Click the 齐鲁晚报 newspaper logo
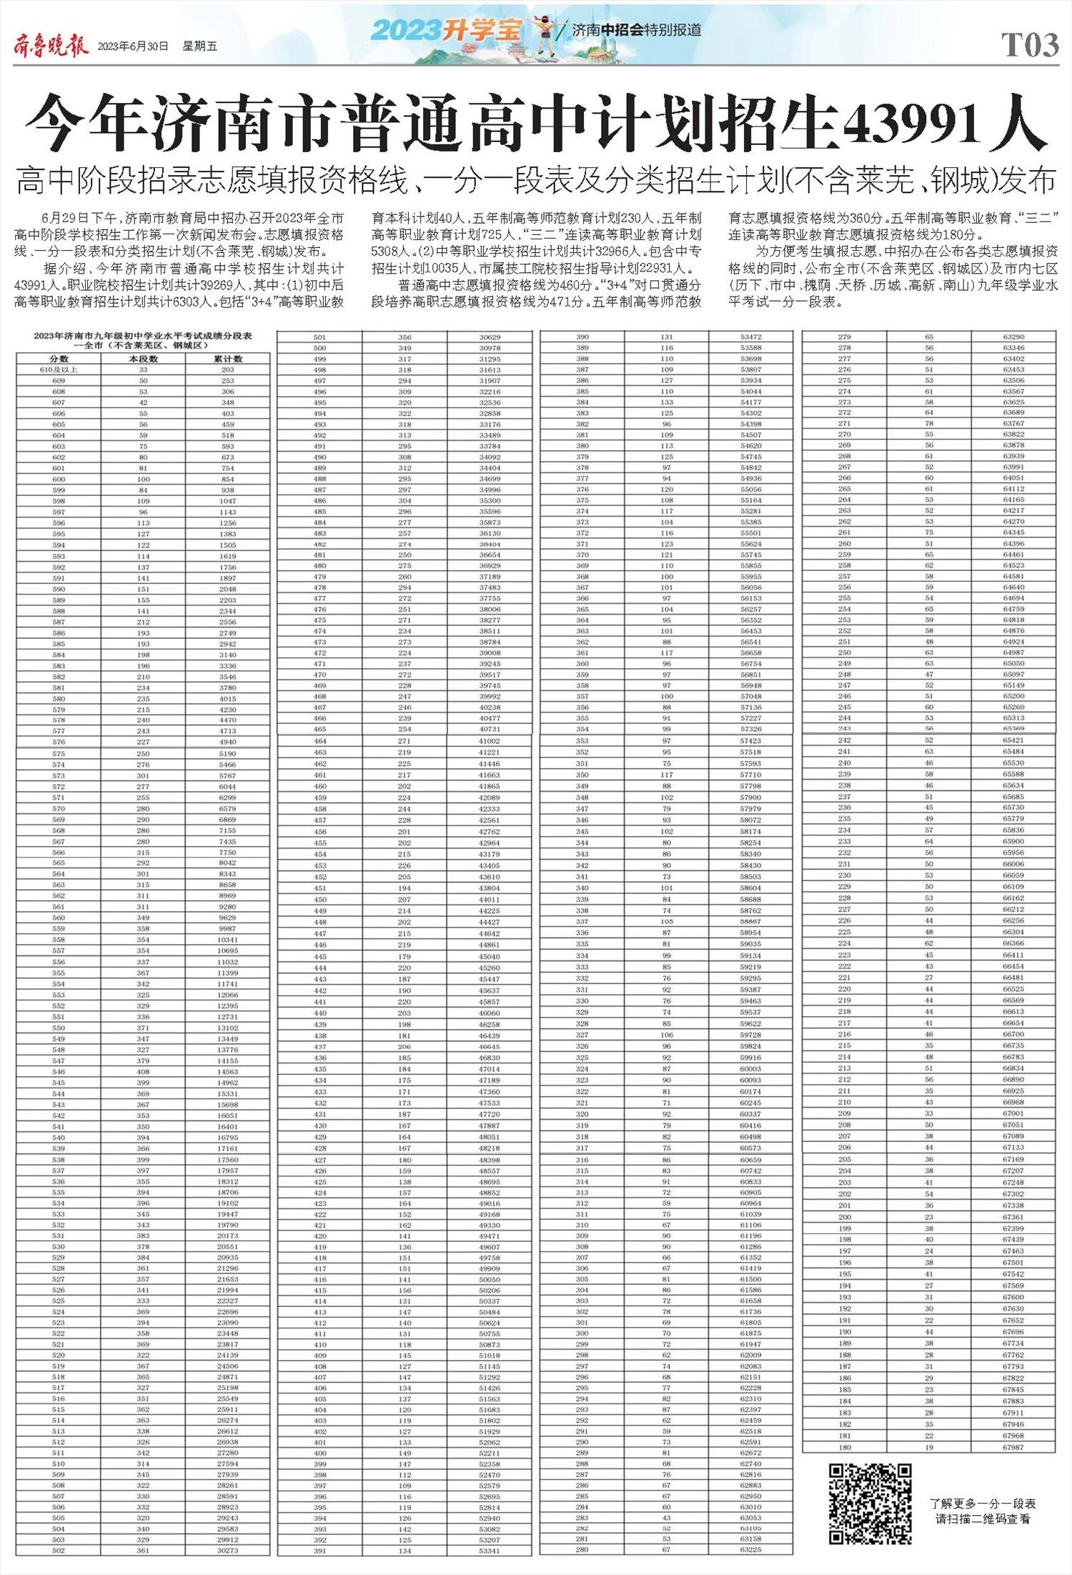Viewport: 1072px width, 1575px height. (51, 46)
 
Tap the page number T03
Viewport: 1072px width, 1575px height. (1030, 46)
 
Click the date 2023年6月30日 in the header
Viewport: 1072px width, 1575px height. (133, 46)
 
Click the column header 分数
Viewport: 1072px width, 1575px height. (59, 359)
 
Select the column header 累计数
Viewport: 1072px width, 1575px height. (227, 359)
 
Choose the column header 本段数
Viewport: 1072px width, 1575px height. (143, 359)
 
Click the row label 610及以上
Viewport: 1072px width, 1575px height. (59, 369)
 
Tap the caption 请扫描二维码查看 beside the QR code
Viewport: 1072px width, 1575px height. (983, 1519)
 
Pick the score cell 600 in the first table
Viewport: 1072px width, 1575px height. (59, 479)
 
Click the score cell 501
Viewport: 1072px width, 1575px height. (319, 337)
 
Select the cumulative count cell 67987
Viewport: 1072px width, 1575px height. (1013, 1447)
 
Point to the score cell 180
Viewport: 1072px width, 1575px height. (845, 1447)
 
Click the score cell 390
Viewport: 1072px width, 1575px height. (582, 337)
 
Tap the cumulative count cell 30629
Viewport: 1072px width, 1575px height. (490, 337)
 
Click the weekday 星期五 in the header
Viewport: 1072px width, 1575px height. (199, 46)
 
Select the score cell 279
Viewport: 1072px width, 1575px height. (845, 337)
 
